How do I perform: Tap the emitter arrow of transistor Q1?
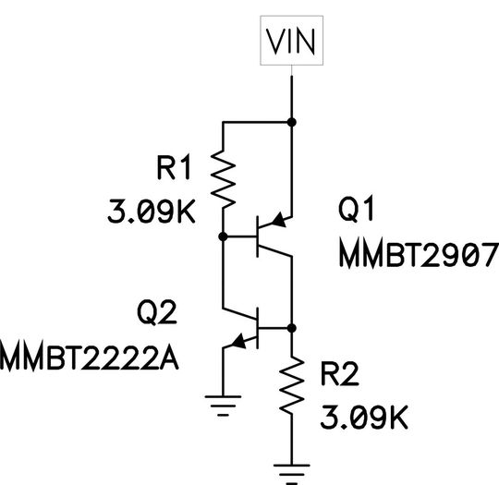click(280, 222)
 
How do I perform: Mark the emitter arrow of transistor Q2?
click(241, 341)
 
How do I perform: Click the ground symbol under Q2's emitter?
click(223, 403)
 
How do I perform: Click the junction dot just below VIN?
click(293, 122)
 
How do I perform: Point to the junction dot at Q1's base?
click(223, 236)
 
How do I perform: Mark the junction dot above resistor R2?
click(293, 328)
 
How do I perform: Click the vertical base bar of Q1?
click(258, 236)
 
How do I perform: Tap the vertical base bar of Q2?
click(258, 328)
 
